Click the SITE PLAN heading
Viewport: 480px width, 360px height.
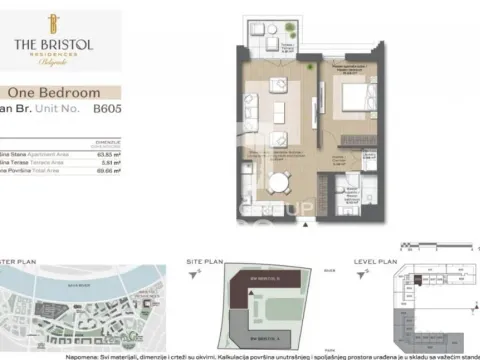(x=205, y=261)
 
